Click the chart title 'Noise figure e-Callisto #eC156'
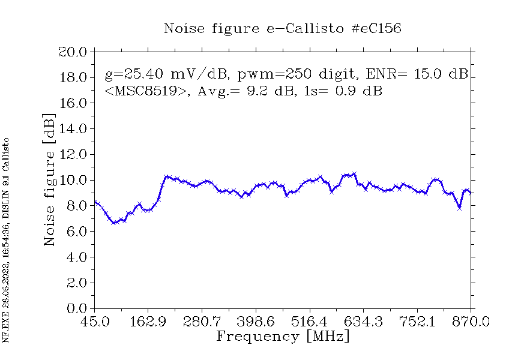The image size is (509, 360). [283, 28]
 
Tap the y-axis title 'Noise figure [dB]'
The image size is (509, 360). [50, 179]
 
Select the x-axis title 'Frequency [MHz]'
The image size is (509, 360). [283, 336]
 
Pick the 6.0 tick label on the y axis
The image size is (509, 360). [76, 232]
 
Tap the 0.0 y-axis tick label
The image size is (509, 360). [76, 308]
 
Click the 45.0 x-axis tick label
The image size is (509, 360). [95, 322]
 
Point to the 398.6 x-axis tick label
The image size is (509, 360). [256, 322]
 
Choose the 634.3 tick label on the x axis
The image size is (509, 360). [364, 322]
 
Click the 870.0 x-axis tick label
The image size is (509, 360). [472, 322]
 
